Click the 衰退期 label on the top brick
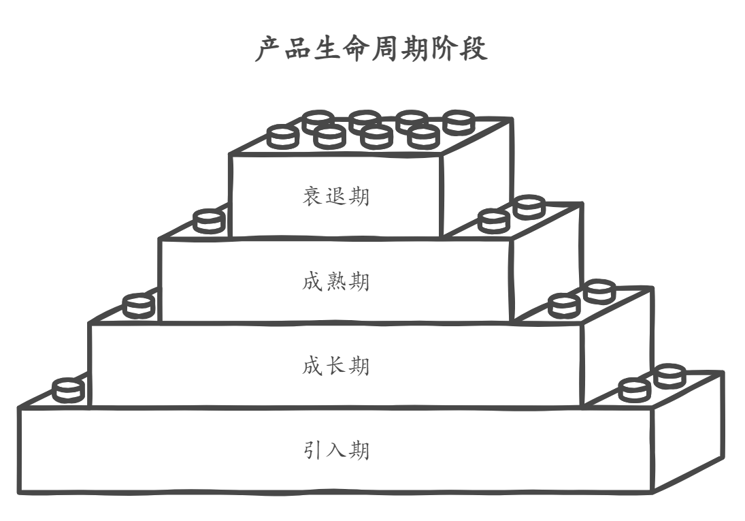[336, 197]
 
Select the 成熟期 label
[336, 281]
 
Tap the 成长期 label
[336, 366]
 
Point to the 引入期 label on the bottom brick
[336, 450]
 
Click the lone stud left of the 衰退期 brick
[208, 221]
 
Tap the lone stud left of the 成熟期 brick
[138, 305]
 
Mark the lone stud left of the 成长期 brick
[68, 390]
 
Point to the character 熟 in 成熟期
[336, 281]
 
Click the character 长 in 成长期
[336, 366]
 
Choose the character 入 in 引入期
[336, 450]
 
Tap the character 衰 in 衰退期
[313, 197]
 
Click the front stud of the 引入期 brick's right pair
[635, 390]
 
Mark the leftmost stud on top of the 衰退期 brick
[282, 136]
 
